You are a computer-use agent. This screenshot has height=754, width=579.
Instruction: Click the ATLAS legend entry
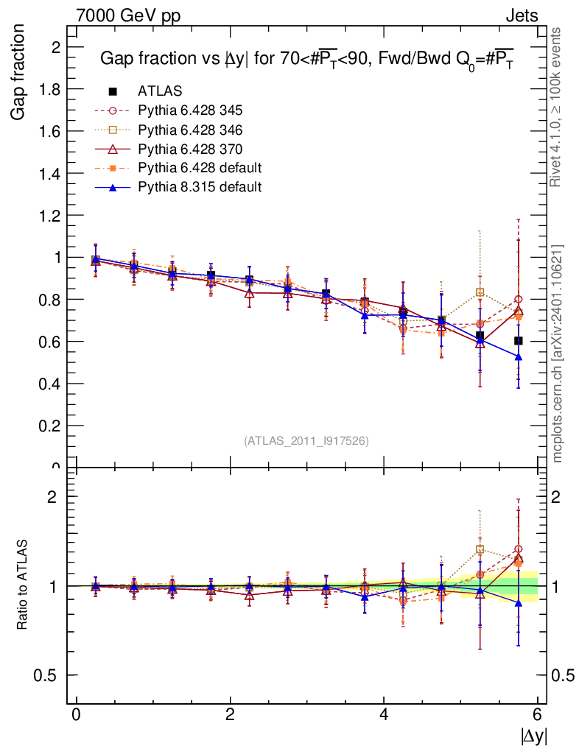pos(160,91)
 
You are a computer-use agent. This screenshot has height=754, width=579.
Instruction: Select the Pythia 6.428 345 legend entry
pos(190,110)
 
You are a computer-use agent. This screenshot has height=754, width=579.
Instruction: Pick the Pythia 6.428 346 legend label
pos(190,130)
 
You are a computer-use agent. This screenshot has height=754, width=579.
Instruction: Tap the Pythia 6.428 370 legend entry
pos(190,149)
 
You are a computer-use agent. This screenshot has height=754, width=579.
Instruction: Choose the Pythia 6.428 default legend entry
pos(200,168)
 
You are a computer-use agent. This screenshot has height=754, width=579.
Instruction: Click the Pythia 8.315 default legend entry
pos(200,187)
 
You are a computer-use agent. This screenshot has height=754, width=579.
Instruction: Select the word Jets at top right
pos(521,15)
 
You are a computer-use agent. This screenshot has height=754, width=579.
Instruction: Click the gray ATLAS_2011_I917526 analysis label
pos(306,440)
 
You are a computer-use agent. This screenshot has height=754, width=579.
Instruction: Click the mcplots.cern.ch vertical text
pos(557,353)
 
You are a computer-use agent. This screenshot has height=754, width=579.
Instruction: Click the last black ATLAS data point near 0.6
pos(519,341)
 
